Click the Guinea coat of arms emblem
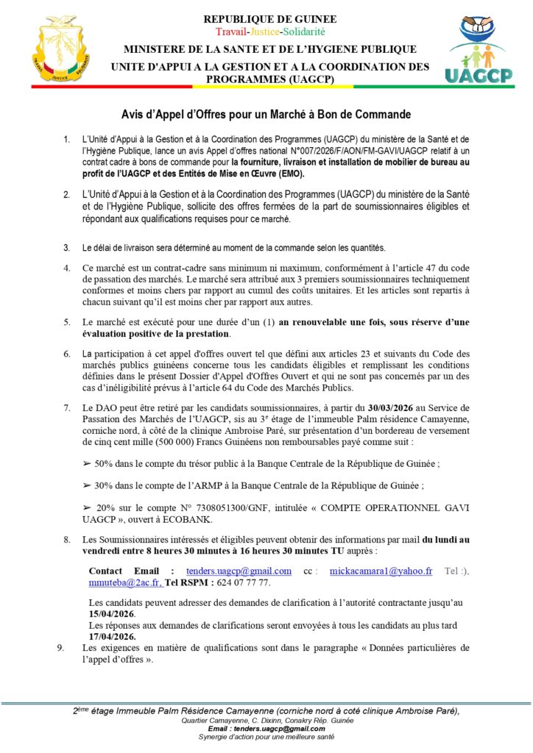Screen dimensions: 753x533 (61, 50)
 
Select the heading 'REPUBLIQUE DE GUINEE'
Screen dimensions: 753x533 (270, 19)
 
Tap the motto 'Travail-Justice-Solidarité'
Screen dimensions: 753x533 (270, 32)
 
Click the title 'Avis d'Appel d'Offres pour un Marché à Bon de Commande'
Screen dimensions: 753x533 (265, 114)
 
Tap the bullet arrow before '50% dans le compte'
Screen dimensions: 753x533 (88, 465)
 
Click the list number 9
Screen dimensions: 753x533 (60, 648)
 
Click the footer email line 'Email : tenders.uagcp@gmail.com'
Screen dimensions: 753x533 (266, 729)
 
